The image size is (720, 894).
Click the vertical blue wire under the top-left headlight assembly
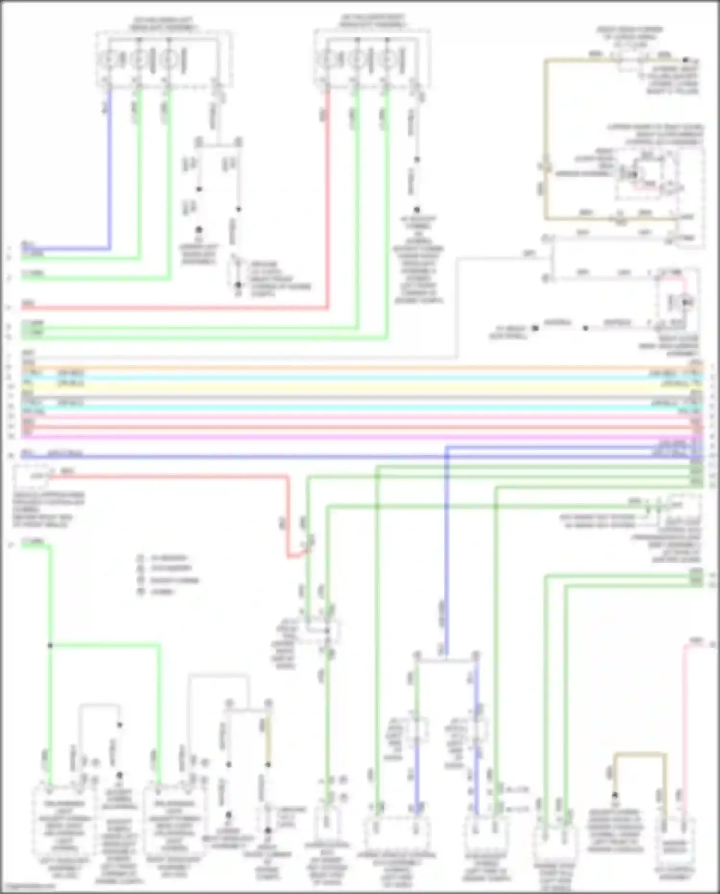pos(110,168)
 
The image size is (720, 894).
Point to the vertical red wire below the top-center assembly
pos(328,192)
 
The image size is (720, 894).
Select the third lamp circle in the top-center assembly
pos(386,60)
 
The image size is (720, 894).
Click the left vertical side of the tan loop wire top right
pos(546,139)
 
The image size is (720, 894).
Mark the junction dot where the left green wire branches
pos(50,645)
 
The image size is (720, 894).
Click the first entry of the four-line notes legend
pos(163,558)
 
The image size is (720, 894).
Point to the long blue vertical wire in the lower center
pos(446,552)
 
